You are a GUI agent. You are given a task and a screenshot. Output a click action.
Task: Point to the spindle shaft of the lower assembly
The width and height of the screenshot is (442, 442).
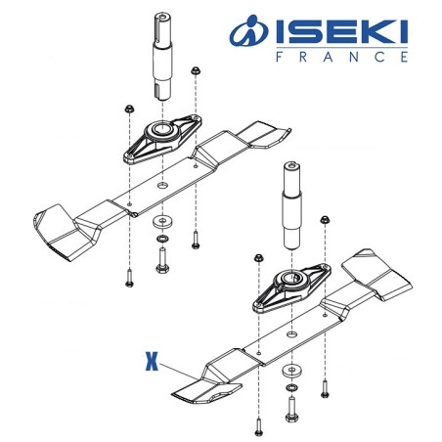pyautogui.click(x=292, y=205)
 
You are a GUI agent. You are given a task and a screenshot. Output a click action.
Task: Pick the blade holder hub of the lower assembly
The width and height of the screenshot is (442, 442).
pyautogui.click(x=289, y=284)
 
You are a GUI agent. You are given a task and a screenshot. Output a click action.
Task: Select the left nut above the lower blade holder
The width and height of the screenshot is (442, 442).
pyautogui.click(x=258, y=259)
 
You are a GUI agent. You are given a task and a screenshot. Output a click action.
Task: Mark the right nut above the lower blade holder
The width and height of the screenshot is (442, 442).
pyautogui.click(x=326, y=224)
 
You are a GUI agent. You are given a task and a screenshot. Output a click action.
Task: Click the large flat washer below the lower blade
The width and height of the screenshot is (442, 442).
pyautogui.click(x=290, y=372)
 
